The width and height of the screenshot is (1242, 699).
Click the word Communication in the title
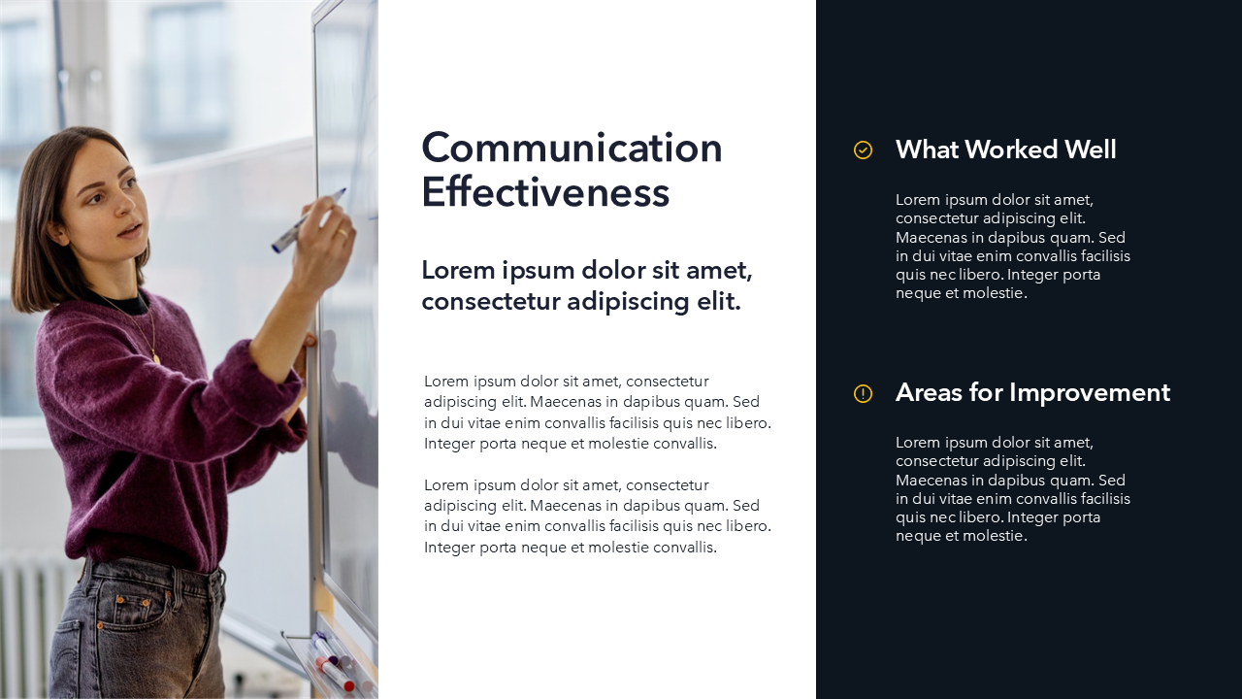coord(572,148)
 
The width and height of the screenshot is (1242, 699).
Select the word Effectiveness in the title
coord(545,192)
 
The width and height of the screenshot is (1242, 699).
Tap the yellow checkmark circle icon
coord(863,150)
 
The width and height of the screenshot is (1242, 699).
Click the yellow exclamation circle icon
coord(863,393)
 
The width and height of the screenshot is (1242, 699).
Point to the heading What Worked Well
coord(1006,150)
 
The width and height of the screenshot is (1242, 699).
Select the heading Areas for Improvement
coord(1032,393)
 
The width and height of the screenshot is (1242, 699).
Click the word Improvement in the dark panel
coord(1090,393)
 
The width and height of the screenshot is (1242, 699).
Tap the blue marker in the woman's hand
coord(309,220)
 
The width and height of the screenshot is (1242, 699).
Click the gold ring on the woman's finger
coord(343,233)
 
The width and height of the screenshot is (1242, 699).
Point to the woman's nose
coord(125,205)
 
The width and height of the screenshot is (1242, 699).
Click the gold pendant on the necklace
coord(156,358)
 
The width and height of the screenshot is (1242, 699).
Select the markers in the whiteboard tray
coord(334,663)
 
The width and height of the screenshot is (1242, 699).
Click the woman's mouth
coord(131,229)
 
